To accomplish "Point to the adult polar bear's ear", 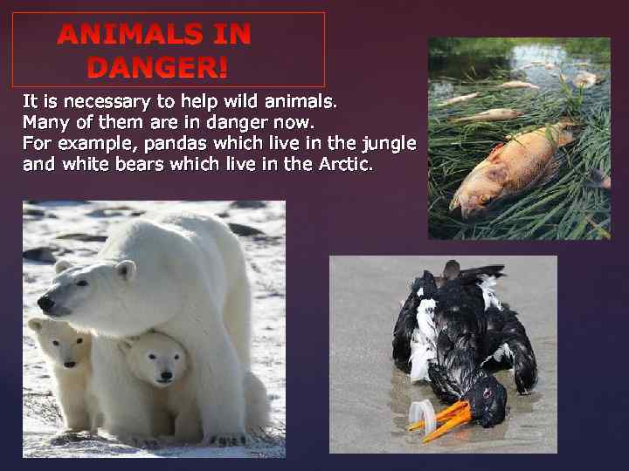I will point(126,270).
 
